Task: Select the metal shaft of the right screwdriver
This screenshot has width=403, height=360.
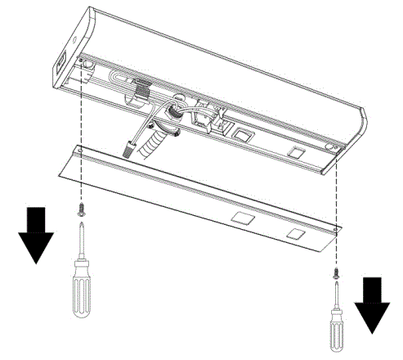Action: [334, 292]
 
